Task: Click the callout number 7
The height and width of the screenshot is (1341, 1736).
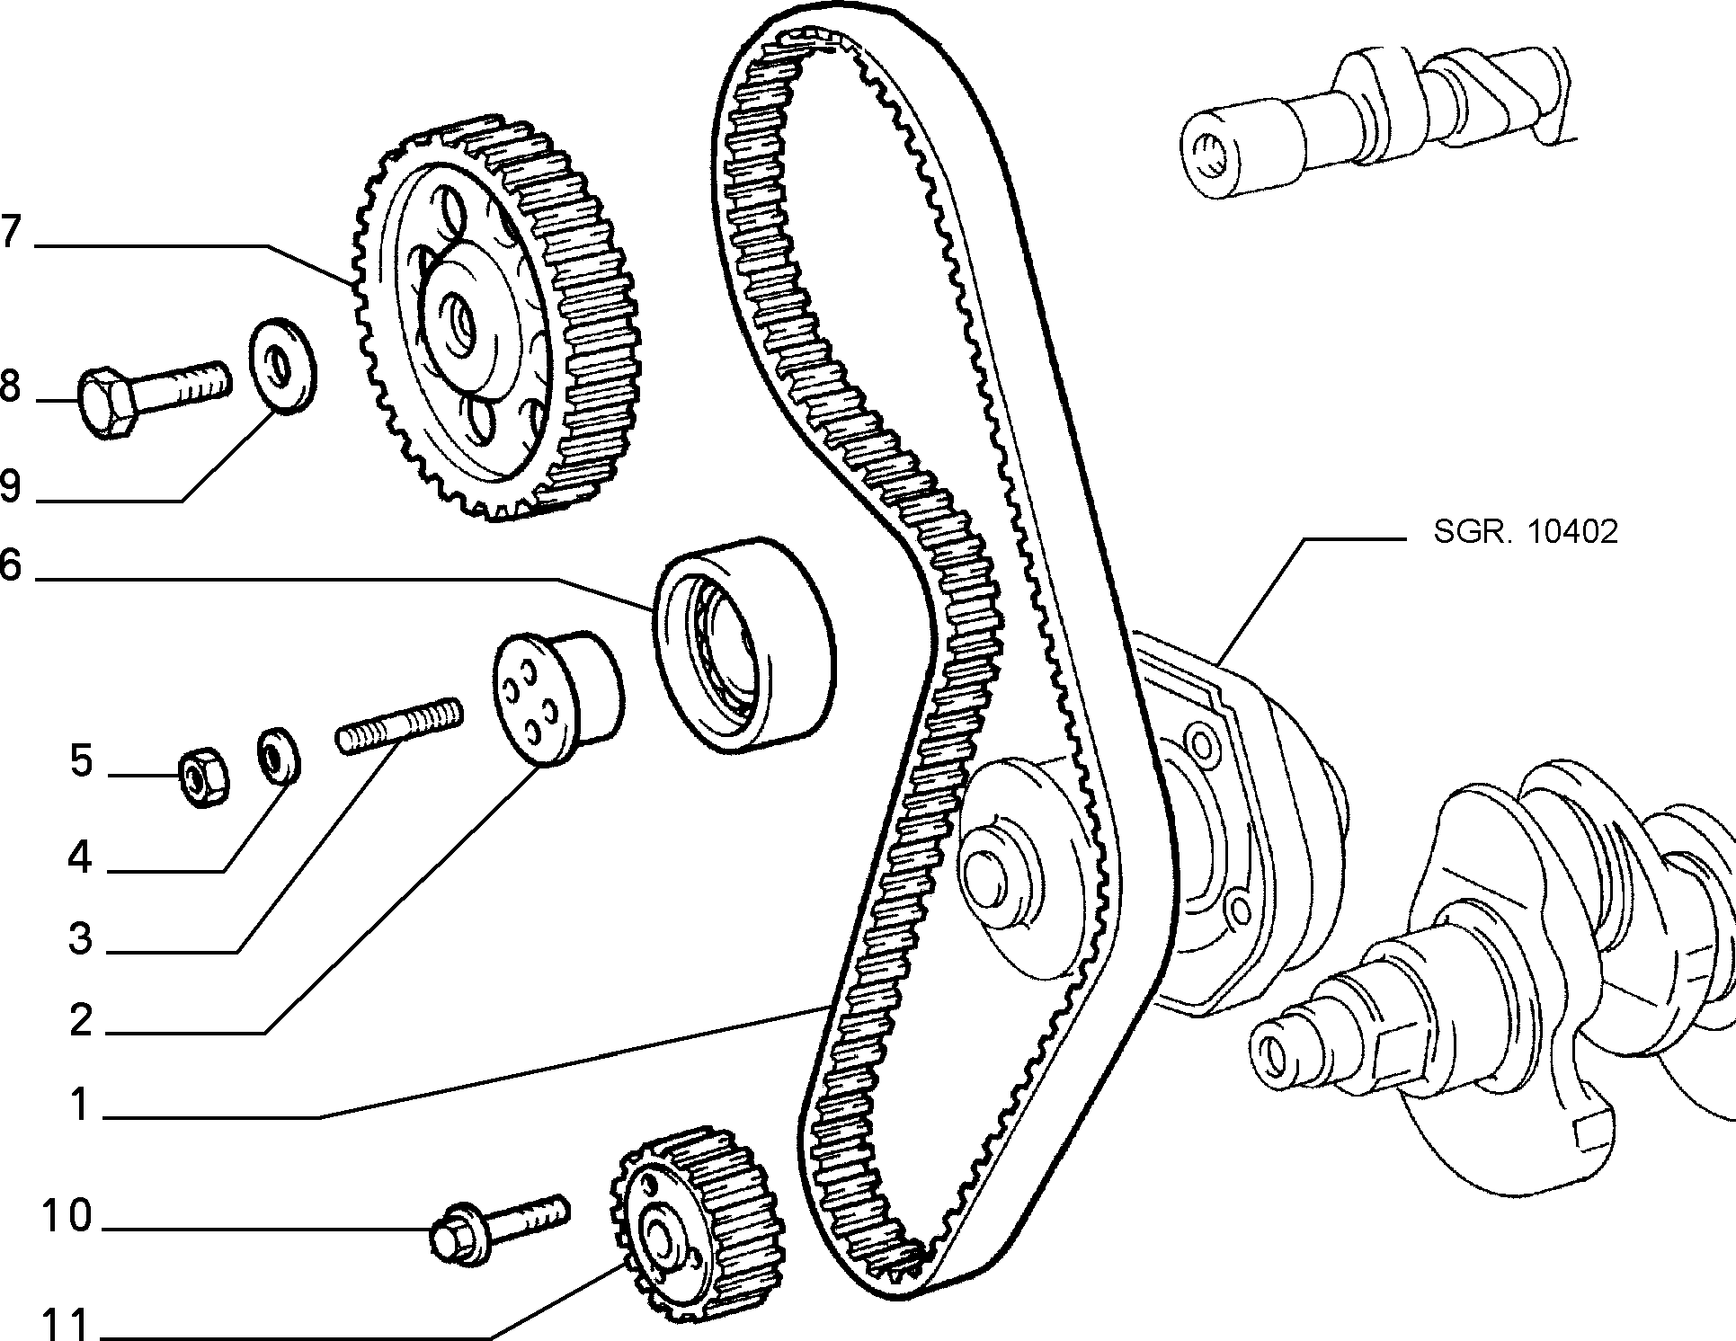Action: click(x=9, y=231)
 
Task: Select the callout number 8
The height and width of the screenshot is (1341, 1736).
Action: click(x=9, y=386)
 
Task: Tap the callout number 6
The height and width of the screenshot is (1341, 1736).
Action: click(x=9, y=565)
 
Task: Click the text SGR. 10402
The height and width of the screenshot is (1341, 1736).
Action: click(x=1526, y=531)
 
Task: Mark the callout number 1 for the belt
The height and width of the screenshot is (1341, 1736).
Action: click(x=81, y=1105)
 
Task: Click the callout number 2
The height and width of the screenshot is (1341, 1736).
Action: click(x=81, y=1020)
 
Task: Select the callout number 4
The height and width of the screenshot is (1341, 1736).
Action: click(x=80, y=857)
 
